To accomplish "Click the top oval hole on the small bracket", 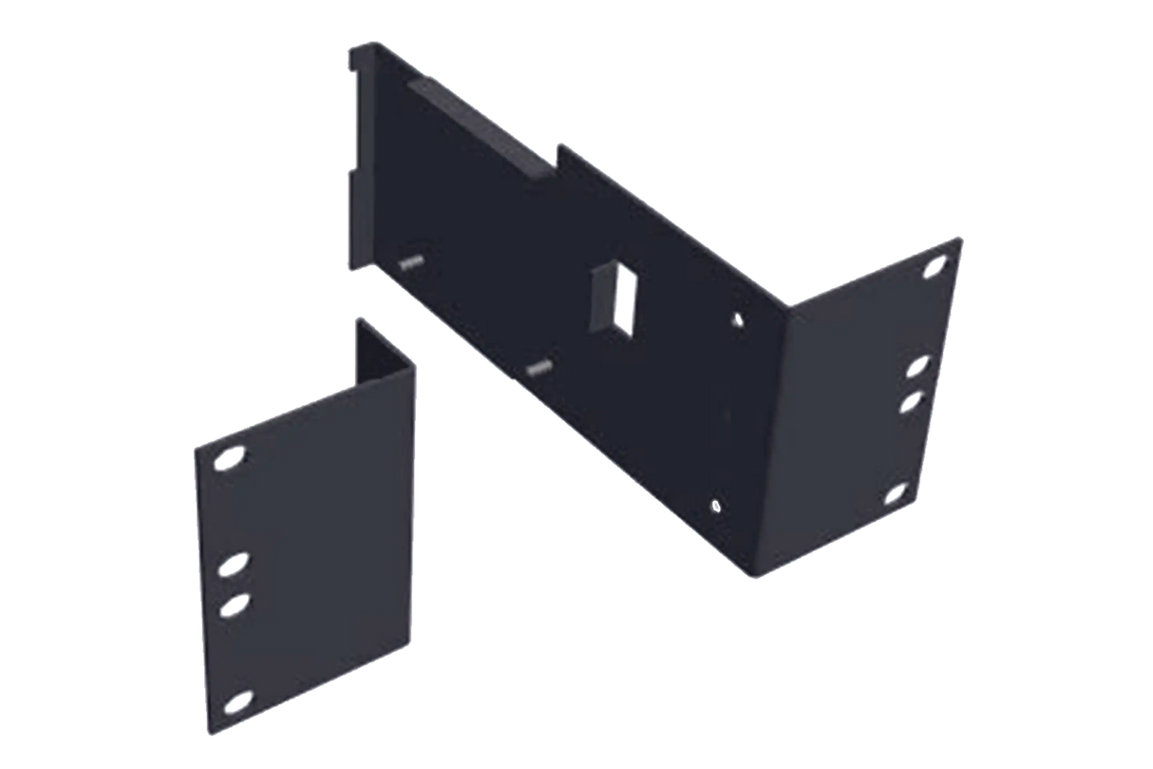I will coord(228,460).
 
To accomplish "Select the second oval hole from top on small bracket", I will coord(231,567).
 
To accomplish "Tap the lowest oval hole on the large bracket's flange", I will coord(898,493).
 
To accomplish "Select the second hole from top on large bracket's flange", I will coord(918,366).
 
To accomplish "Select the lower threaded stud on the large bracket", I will coord(539,366).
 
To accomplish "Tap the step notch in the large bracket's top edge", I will coord(560,152).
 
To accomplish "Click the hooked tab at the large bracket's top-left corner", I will coord(356,59).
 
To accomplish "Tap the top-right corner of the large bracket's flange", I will coord(961,240).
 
